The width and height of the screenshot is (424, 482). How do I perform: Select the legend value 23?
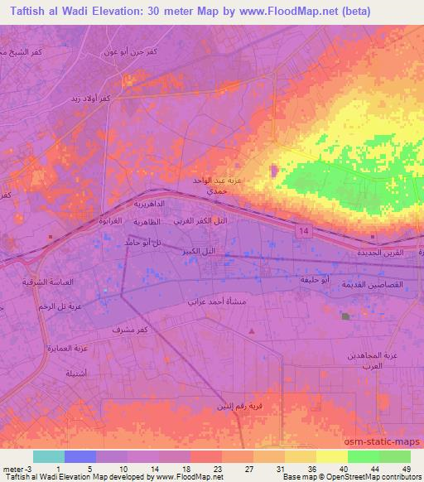206,468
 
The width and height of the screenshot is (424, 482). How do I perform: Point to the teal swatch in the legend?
48,456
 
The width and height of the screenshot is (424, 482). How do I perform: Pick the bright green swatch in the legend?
363,456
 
